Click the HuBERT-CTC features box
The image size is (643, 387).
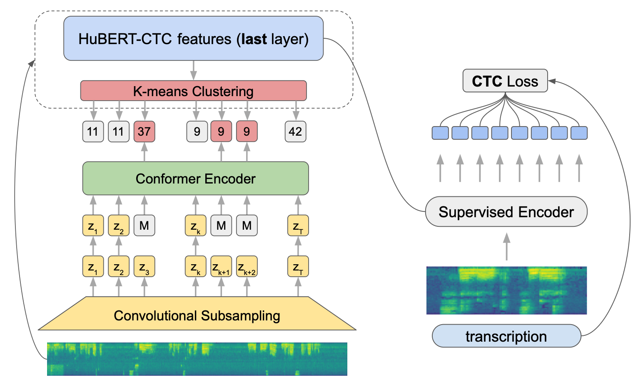tap(193, 39)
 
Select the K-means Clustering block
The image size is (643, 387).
tap(193, 91)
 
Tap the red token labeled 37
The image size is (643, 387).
tap(144, 131)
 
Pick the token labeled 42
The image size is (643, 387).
tap(295, 131)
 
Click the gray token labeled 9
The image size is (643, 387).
tap(197, 131)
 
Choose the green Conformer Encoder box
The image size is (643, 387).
tap(195, 179)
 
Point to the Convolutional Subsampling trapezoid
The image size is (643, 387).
tap(197, 315)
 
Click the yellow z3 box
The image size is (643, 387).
tap(144, 266)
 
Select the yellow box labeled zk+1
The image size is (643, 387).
tap(221, 266)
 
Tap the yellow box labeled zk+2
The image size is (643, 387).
tap(247, 266)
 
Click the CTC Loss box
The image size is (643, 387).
tap(505, 81)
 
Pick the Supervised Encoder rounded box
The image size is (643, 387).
tap(506, 212)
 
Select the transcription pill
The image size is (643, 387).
tap(506, 336)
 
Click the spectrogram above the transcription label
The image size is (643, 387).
tap(506, 290)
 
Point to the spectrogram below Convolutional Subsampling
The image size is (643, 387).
tap(197, 359)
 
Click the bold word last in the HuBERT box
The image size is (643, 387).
tap(254, 39)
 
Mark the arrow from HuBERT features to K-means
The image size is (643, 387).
tap(193, 70)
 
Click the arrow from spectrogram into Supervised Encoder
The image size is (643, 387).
tap(506, 246)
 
